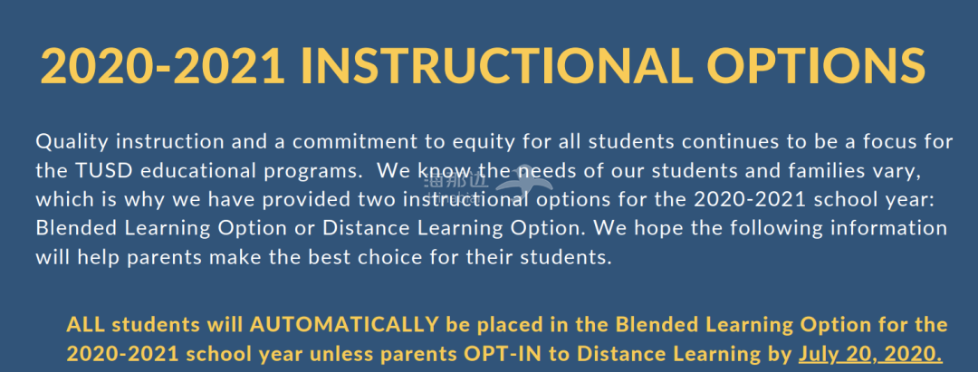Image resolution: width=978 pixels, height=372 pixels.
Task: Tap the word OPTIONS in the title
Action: point(817,66)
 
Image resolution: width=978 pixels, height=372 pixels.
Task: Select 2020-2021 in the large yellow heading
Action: point(163,66)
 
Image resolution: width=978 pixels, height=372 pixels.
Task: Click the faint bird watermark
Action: point(523,182)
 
